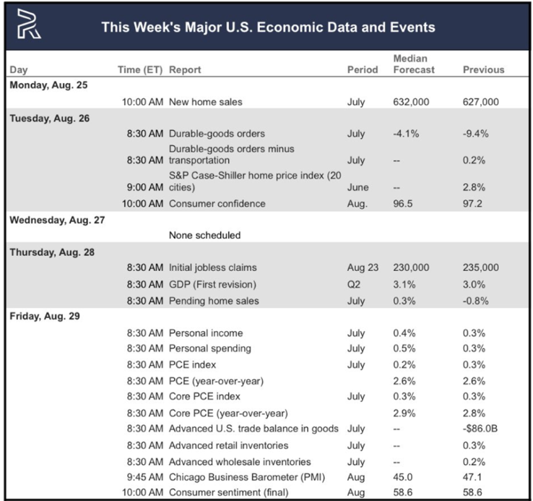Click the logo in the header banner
point(29,24)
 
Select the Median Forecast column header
point(414,64)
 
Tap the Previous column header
point(483,69)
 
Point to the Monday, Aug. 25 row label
point(48,85)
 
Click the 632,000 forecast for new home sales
point(411,102)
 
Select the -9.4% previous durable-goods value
point(475,134)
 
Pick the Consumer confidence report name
point(217,204)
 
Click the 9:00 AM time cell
point(145,187)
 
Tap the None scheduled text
point(204,235)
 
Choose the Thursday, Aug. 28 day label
point(52,252)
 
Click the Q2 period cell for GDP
point(353,284)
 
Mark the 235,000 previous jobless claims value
point(481,267)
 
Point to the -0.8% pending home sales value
point(475,301)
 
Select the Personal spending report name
point(210,348)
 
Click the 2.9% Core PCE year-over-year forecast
point(404,414)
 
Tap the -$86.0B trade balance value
point(480,429)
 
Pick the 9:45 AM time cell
point(145,477)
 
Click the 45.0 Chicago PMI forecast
point(403,477)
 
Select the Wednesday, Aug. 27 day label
point(57,220)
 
